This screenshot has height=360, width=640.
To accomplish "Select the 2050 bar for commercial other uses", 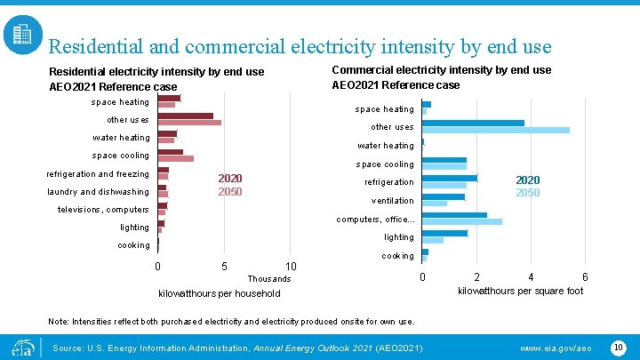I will click(x=495, y=130).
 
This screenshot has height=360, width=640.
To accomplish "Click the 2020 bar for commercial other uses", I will click(x=473, y=123).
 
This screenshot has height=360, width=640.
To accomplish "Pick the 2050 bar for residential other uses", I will click(x=189, y=122).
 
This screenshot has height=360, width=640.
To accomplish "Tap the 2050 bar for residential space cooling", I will click(x=175, y=158).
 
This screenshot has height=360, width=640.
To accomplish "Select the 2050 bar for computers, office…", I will click(x=462, y=221).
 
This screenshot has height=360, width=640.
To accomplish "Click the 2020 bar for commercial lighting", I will click(x=444, y=233).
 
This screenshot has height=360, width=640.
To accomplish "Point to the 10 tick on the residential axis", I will click(x=291, y=267).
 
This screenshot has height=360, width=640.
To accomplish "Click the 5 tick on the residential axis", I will click(x=224, y=267).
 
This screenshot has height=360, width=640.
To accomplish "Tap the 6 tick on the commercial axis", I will click(x=584, y=276).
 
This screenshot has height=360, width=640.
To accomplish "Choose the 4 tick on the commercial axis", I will click(x=531, y=276).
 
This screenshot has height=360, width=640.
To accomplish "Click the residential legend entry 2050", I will click(x=230, y=192).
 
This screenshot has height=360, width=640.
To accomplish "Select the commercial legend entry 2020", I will click(x=528, y=180).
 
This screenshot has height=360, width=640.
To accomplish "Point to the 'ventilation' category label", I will click(x=392, y=201).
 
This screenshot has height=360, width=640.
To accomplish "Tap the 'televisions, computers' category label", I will click(x=103, y=210).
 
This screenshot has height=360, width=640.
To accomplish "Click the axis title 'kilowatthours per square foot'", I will click(x=520, y=291).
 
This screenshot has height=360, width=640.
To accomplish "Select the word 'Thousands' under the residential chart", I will click(x=269, y=279).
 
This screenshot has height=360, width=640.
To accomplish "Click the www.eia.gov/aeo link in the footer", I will click(x=556, y=347).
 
